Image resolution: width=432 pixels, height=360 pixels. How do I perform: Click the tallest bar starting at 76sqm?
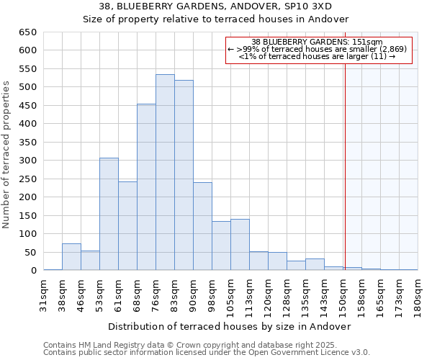[x=165, y=173]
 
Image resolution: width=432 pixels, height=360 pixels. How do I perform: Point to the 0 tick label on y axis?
[x=33, y=271]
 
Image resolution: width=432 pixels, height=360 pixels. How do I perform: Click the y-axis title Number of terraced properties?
[x=7, y=155]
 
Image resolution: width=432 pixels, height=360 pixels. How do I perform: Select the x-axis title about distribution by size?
[x=230, y=326]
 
